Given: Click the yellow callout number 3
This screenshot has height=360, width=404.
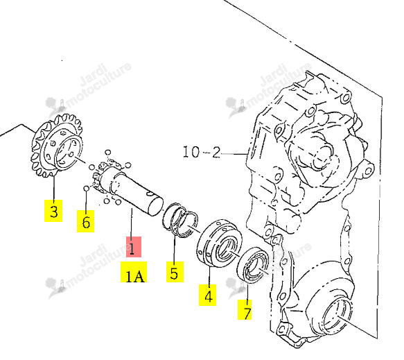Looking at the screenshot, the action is pos(53,211).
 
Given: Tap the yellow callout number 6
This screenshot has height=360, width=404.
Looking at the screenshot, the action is pos(85,221).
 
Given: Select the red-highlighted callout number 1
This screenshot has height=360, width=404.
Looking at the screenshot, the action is pos(134,247).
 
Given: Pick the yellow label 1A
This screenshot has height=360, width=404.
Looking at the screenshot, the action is pos(134,272).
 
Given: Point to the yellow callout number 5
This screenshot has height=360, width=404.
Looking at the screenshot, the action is pos(175,272).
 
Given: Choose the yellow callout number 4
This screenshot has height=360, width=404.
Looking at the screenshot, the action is pos(207,295).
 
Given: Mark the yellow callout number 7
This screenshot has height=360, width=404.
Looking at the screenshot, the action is pos(245,309).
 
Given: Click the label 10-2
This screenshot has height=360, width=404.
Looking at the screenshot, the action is pos(202,152).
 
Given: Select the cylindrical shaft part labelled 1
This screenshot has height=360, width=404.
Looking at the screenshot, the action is pos(132,191).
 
